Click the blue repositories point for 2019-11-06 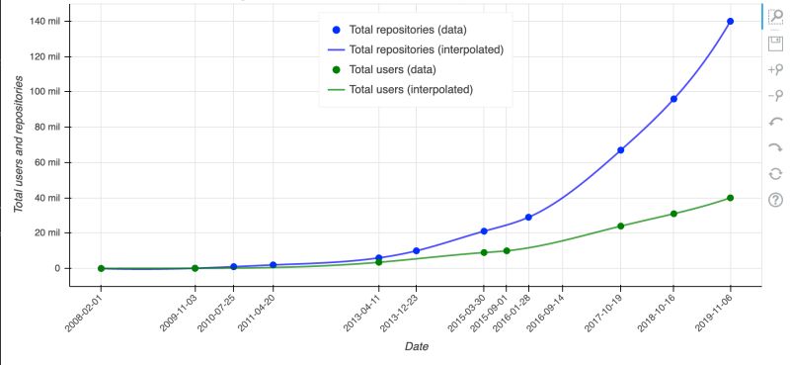click(x=730, y=22)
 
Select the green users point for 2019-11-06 click(x=730, y=198)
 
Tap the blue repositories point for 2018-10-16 click(x=673, y=99)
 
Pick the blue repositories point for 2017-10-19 click(x=620, y=150)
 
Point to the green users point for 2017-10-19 click(x=620, y=226)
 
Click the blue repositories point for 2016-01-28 click(x=528, y=217)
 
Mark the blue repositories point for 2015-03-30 click(x=484, y=231)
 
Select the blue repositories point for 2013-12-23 click(x=417, y=251)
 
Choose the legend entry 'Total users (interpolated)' click(x=411, y=89)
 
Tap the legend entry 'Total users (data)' click(x=392, y=69)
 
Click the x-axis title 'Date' click(x=416, y=346)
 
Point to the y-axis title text click(x=18, y=148)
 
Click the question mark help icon click(x=775, y=200)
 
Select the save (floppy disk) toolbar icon click(x=775, y=44)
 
